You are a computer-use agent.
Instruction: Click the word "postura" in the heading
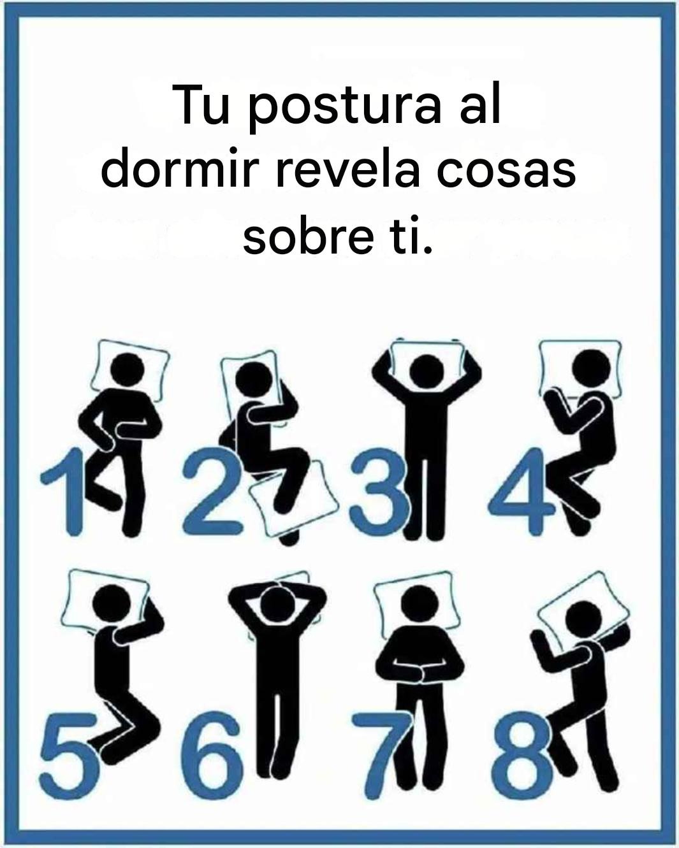(345, 107)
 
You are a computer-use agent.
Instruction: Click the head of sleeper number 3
(427, 372)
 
